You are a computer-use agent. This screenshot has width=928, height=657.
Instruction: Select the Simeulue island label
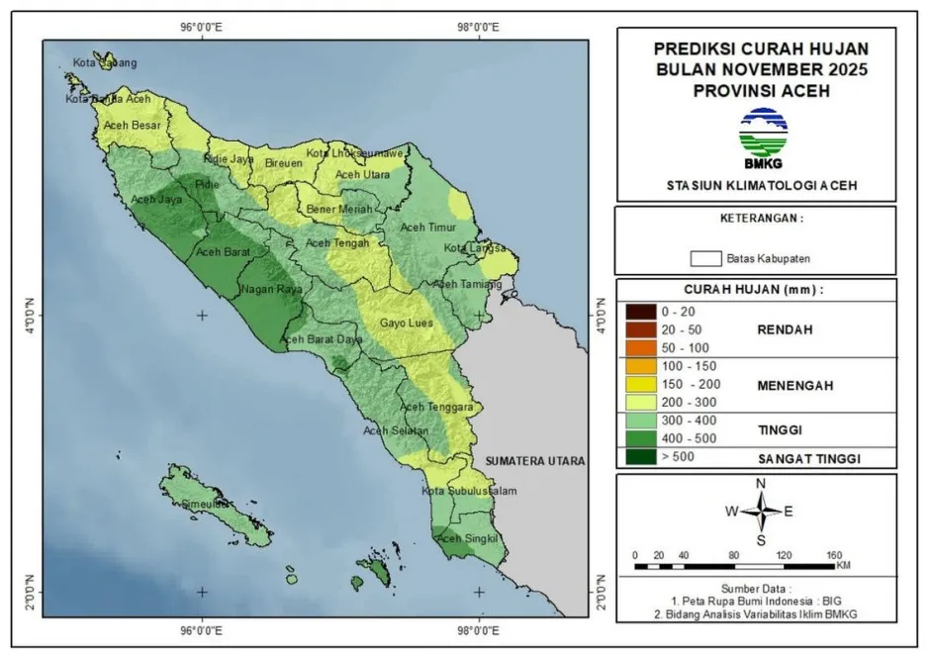point(190,505)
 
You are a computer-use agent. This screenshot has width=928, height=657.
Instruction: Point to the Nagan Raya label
point(270,291)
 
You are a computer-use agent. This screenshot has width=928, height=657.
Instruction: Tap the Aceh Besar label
point(133,126)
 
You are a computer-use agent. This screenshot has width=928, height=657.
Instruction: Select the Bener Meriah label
point(339,210)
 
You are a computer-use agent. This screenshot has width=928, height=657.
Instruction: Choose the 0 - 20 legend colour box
point(638,312)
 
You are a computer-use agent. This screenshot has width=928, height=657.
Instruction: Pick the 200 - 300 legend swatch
point(638,403)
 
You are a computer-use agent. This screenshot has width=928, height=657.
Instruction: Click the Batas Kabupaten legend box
point(704,258)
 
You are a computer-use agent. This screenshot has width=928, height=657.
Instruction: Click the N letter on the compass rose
point(761,483)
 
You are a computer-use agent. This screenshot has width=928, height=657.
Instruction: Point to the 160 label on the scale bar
point(832,554)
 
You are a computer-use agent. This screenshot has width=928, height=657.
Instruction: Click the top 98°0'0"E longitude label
point(479,27)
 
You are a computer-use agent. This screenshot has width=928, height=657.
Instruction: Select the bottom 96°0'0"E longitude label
point(203,629)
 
